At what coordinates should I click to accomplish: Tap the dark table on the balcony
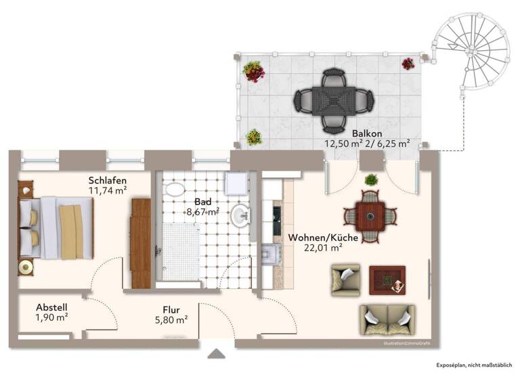click(333, 101)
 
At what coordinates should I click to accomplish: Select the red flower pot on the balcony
click(254, 70)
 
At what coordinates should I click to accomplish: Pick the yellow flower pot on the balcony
click(254, 137)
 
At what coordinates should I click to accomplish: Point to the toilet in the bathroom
click(174, 190)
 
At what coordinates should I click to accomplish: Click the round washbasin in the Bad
click(240, 217)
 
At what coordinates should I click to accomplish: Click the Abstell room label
click(51, 307)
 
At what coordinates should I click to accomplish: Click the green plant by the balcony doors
click(371, 180)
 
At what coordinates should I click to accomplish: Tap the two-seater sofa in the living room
click(387, 318)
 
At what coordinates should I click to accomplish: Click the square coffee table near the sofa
click(387, 280)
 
